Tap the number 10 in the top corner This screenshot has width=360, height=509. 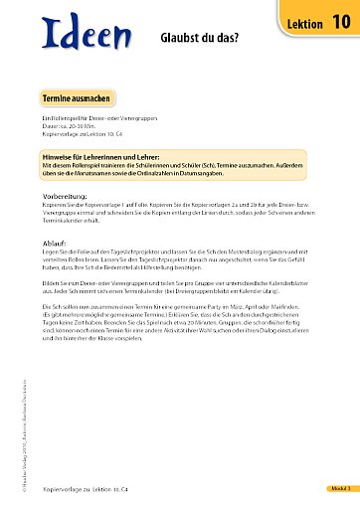point(340,20)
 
